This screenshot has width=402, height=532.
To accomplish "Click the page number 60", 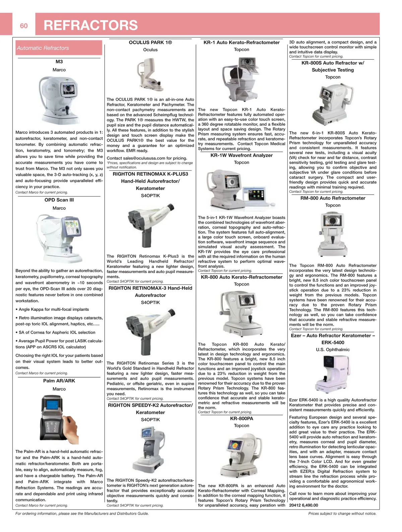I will [x=24, y=26].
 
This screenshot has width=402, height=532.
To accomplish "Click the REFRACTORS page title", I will [x=90, y=25].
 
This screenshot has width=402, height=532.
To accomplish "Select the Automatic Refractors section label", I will [x=43, y=48].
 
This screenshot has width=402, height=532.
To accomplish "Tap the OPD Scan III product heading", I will [x=59, y=200].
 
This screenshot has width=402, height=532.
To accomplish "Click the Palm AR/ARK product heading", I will [x=59, y=381].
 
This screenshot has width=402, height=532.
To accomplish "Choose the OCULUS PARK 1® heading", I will [x=150, y=42].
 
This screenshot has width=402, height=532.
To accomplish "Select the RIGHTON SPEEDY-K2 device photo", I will [x=150, y=449].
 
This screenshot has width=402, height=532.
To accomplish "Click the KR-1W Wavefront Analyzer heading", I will [x=242, y=155].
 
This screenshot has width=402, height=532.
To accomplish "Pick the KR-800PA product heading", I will [x=242, y=418].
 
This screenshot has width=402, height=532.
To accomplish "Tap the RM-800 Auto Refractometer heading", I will [x=333, y=198].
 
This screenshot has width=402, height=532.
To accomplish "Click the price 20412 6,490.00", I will [x=304, y=505].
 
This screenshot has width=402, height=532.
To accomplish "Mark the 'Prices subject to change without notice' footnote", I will [x=342, y=513].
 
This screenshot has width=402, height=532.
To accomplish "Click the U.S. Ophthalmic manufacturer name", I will [x=333, y=349].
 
